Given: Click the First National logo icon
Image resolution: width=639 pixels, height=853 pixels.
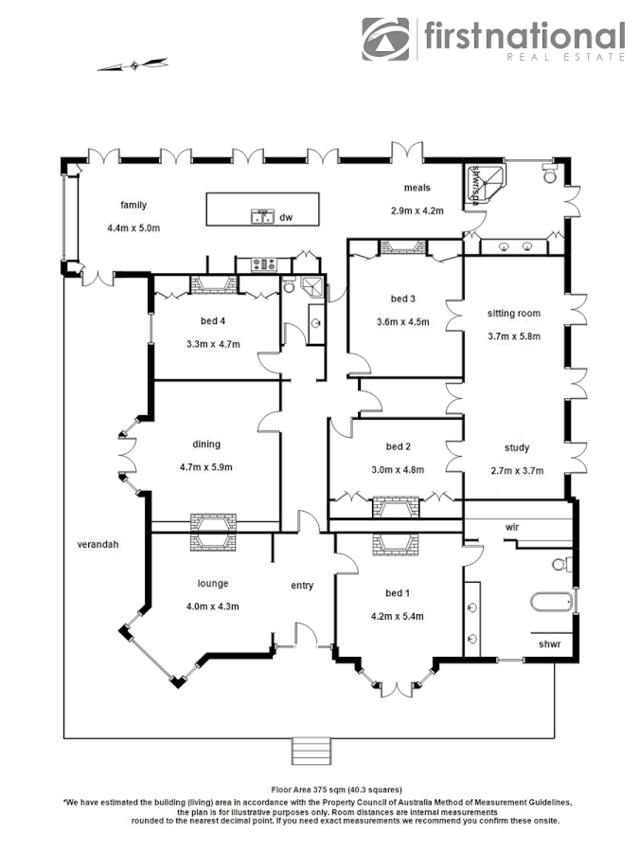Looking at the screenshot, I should click(386, 39).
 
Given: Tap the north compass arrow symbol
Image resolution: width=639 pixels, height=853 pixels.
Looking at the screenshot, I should click(134, 65).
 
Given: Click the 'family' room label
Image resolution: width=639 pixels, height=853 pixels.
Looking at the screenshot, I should click(133, 205).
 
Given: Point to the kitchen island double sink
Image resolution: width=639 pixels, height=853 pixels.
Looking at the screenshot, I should click(261, 217).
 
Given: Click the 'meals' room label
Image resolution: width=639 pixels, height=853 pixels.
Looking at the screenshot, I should click(417, 188).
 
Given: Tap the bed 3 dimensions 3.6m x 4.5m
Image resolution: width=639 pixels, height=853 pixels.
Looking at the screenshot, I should click(403, 321).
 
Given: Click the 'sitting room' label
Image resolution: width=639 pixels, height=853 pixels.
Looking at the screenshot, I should click(513, 313).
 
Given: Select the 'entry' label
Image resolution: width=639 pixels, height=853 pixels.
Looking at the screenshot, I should click(301, 586).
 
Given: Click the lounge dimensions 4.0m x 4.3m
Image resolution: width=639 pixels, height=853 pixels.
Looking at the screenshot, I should click(213, 607).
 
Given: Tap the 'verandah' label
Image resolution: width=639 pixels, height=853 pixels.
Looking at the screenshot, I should click(98, 544).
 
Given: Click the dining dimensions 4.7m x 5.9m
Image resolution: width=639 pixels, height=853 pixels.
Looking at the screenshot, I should click(206, 466).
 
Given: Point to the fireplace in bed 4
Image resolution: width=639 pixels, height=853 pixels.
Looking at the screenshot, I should click(211, 284).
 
